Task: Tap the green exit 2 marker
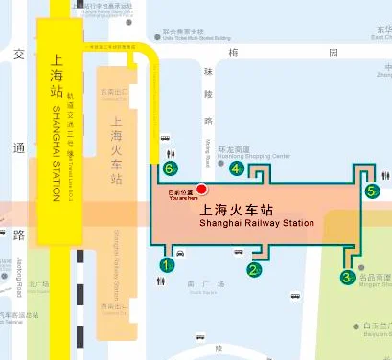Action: [x=254, y=269]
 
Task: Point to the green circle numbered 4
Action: [x=236, y=169]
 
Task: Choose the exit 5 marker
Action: [x=372, y=191]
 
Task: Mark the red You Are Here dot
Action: [x=201, y=190]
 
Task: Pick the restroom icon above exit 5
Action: [x=384, y=175]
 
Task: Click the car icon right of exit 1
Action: [x=181, y=253]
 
